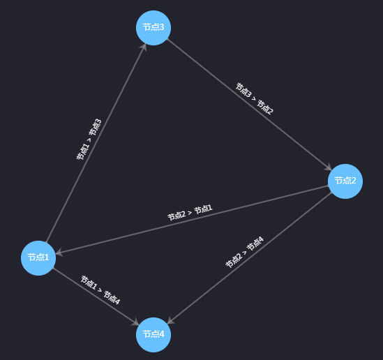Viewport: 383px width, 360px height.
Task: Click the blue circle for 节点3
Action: [x=153, y=28]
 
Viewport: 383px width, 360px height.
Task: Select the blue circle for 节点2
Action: [x=345, y=181]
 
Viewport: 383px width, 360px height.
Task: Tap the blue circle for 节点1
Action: [x=38, y=258]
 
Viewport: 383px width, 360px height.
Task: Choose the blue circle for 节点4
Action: [x=153, y=335]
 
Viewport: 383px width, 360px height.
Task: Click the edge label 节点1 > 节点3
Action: [x=89, y=140]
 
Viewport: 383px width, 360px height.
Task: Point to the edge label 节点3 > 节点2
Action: [x=254, y=98]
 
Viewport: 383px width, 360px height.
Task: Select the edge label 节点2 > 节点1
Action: [x=190, y=213]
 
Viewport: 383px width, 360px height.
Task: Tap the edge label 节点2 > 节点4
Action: [x=244, y=252]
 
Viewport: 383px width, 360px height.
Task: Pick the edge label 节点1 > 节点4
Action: [x=100, y=290]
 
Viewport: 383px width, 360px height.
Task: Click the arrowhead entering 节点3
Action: [x=144, y=47]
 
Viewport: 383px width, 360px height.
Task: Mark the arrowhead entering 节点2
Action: [x=328, y=167]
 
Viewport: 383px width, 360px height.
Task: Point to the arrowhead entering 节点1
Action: [x=59, y=253]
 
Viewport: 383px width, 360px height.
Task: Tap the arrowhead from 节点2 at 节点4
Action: [x=171, y=320]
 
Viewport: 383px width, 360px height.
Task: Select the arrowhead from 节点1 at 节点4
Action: [x=135, y=322]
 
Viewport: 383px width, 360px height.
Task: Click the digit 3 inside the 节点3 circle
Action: [x=161, y=27]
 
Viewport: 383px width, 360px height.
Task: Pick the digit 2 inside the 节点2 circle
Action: [x=353, y=181]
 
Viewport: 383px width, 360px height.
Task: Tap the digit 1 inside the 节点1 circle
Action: [x=47, y=257]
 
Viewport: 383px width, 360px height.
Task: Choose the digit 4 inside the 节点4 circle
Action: [x=161, y=334]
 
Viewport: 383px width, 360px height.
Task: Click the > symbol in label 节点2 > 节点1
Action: [x=190, y=213]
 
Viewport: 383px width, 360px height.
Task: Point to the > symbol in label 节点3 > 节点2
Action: [x=254, y=98]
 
